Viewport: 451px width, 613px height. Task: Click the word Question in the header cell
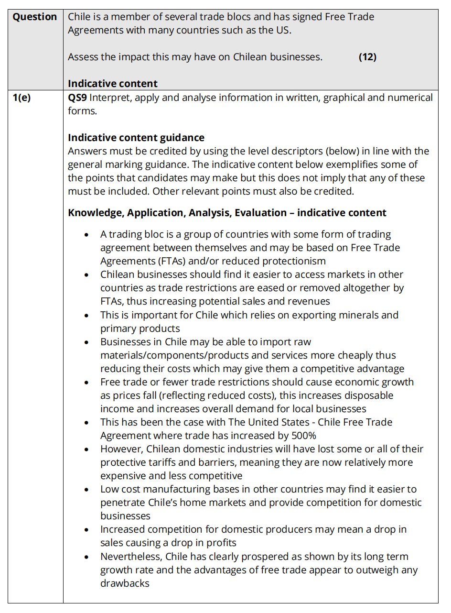35,17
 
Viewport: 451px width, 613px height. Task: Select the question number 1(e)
21,98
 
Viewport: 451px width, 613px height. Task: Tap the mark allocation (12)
367,57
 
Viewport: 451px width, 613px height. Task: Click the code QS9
77,98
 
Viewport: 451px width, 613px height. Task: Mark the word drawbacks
125,583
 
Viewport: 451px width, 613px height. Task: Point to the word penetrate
121,503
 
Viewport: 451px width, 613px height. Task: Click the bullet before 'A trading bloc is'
86,235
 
